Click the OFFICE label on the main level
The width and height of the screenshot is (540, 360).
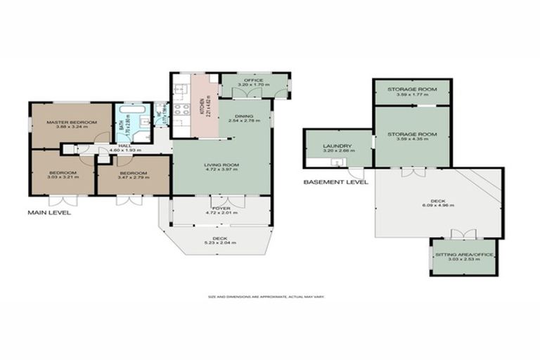[x=253, y=81]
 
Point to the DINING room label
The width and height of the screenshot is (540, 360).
[x=244, y=117]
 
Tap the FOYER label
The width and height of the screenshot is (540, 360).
[x=221, y=207]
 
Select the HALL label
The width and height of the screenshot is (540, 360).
[x=124, y=146]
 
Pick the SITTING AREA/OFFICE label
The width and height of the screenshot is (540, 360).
[x=463, y=254]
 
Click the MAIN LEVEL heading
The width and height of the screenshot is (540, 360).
[x=49, y=212]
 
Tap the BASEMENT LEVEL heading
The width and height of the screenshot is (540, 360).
[x=335, y=181]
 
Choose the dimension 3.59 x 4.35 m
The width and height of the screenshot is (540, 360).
[x=412, y=139]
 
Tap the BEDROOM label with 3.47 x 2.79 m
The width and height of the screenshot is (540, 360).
[x=132, y=173]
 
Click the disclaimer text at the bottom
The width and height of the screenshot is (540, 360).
[x=270, y=297]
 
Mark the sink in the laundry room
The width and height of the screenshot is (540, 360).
[x=336, y=163]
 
